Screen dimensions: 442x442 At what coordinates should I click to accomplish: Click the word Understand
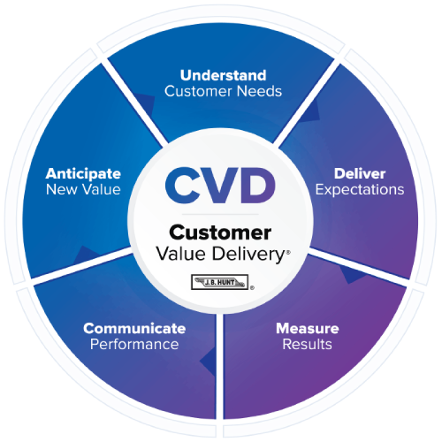(x=223, y=75)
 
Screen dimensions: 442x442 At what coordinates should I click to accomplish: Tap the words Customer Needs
(x=223, y=91)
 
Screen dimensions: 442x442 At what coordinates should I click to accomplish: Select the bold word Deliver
(x=360, y=173)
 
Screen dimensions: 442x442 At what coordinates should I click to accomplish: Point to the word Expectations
(x=360, y=190)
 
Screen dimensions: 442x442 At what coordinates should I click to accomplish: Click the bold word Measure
(x=308, y=328)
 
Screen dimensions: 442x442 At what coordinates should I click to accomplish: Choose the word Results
(x=308, y=344)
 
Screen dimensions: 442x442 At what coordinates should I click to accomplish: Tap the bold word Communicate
(x=134, y=328)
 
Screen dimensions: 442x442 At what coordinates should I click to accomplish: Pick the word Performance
(x=134, y=344)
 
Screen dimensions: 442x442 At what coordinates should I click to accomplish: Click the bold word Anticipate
(x=83, y=174)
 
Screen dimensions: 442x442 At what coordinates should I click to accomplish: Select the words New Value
(x=83, y=189)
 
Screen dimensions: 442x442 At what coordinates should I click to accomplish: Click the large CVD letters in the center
(x=220, y=185)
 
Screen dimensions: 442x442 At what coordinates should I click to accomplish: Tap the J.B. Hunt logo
(x=220, y=282)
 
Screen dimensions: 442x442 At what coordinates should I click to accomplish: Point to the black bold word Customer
(x=220, y=232)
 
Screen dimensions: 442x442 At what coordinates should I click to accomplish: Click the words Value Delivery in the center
(x=220, y=254)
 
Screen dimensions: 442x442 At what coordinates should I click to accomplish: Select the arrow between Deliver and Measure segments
(x=353, y=275)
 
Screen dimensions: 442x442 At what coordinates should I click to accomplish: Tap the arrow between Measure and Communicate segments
(x=208, y=362)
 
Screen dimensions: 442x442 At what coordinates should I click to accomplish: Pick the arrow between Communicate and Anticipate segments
(x=86, y=255)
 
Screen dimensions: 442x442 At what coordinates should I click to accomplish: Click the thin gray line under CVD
(x=220, y=214)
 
